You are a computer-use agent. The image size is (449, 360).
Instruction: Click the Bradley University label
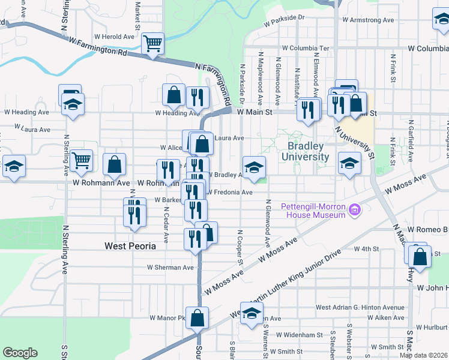pos(308,151)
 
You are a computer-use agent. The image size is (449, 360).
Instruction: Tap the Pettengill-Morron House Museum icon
pos(355,210)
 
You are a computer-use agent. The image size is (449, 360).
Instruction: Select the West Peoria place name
pos(130,245)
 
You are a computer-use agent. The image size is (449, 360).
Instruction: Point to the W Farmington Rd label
pos(98,47)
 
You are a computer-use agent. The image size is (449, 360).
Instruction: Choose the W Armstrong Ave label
pos(368,20)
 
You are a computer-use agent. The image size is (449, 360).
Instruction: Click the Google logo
pos(20,353)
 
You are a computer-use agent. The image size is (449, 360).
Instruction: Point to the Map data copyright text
pos(424,355)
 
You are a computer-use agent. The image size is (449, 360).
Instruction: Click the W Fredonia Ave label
pos(230,193)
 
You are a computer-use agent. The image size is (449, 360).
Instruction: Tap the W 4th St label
pos(367,248)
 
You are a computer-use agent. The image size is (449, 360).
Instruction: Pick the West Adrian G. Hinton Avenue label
pos(360,307)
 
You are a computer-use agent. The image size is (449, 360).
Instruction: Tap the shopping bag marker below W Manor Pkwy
pos(197,318)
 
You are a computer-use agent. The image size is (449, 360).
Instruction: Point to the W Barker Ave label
pos(168,200)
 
